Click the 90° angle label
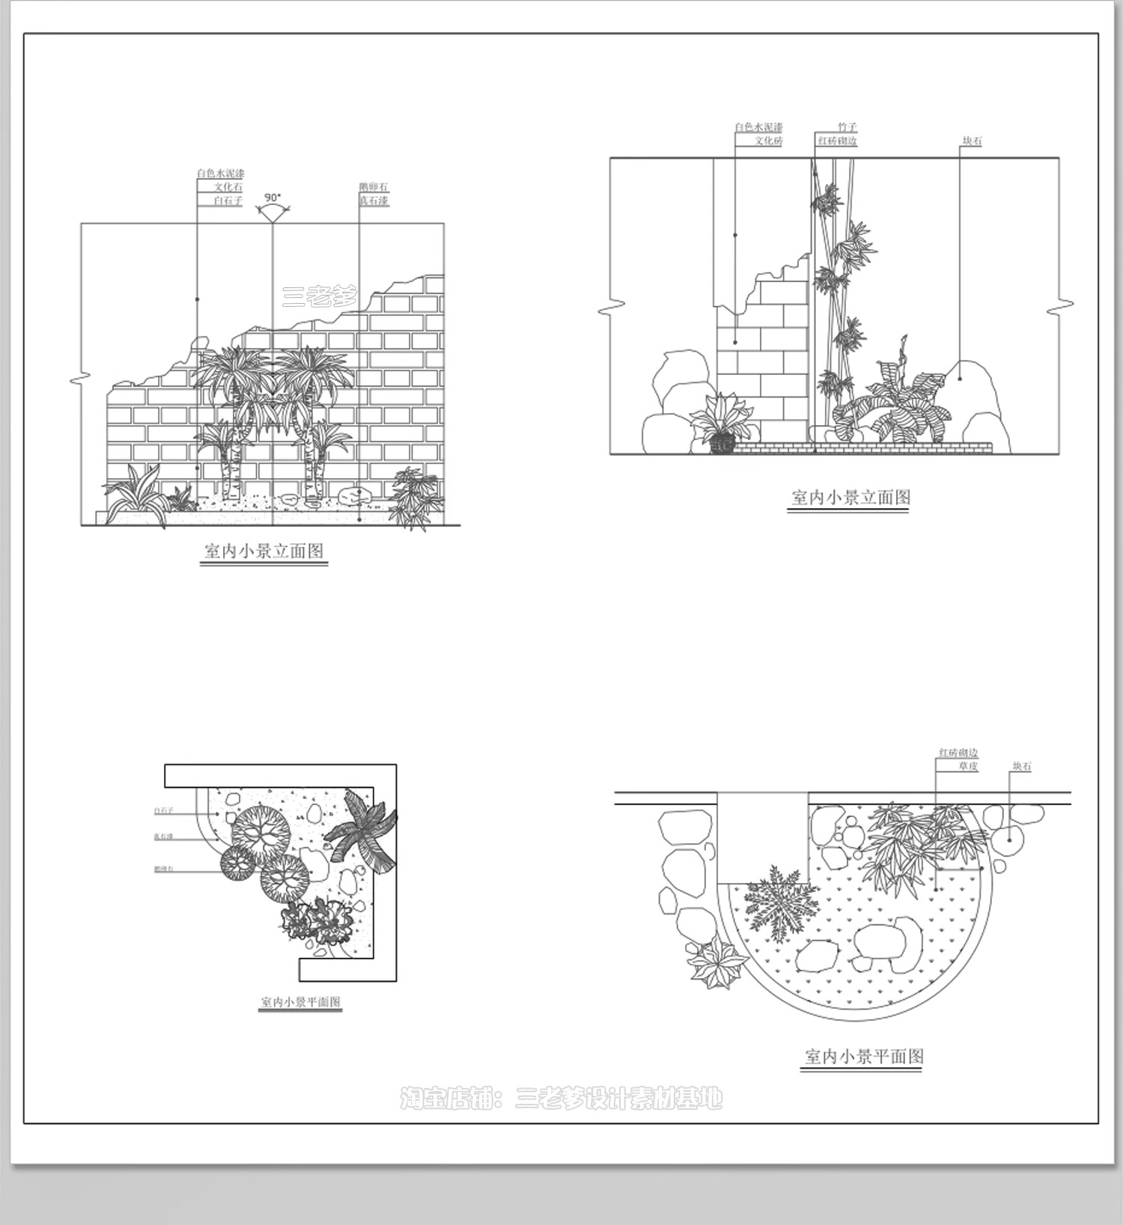coord(273,198)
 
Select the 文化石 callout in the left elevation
coord(228,187)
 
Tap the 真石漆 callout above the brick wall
coord(374,201)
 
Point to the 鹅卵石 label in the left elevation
coord(374,187)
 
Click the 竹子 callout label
coord(847,127)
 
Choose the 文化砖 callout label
coord(768,141)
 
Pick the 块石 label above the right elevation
coord(972,141)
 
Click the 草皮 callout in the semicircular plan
coord(967,766)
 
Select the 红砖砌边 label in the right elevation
coord(837,141)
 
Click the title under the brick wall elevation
coord(264,552)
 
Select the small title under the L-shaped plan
coord(300,1001)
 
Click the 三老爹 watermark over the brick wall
coord(320,297)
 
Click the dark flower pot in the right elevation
coord(722,445)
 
